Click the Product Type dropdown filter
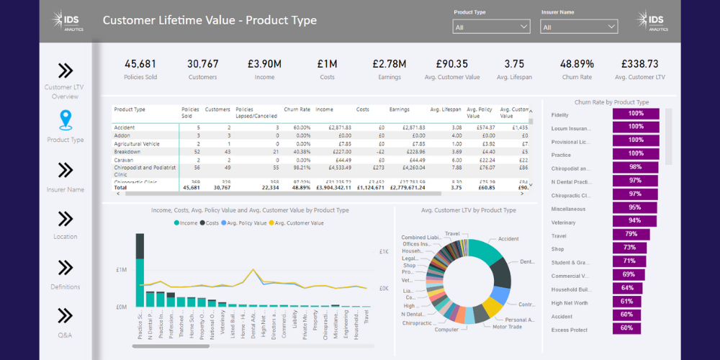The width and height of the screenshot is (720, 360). [x=491, y=27]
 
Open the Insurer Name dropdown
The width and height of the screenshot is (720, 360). [x=579, y=27]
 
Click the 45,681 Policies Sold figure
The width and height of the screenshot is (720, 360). [x=140, y=64]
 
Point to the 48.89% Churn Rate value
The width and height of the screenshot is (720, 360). [x=577, y=64]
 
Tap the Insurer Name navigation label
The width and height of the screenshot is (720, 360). [x=66, y=190]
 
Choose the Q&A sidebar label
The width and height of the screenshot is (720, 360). [x=66, y=335]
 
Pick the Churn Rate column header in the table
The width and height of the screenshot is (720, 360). [x=297, y=110]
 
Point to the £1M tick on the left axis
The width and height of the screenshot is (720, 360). [x=122, y=270]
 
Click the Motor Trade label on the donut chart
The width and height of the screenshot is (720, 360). [x=508, y=326]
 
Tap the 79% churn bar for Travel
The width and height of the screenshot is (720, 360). [x=631, y=235]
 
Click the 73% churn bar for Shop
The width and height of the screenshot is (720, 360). [x=629, y=248]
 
